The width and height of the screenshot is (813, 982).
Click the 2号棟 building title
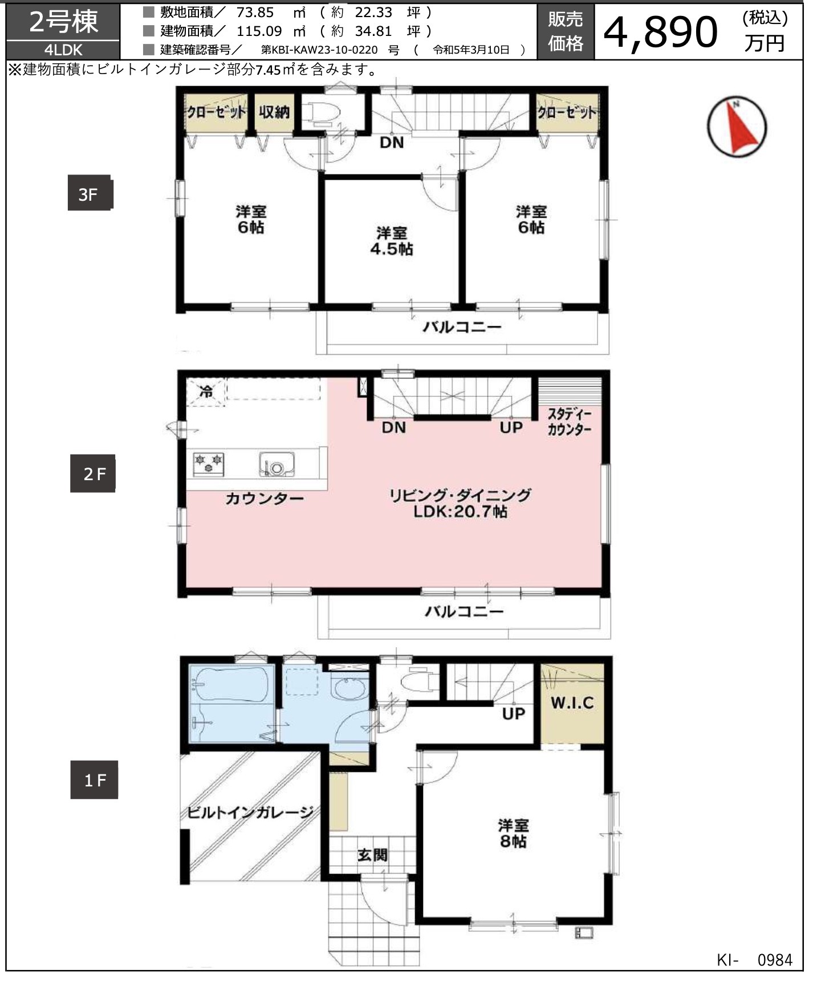[63, 23]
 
